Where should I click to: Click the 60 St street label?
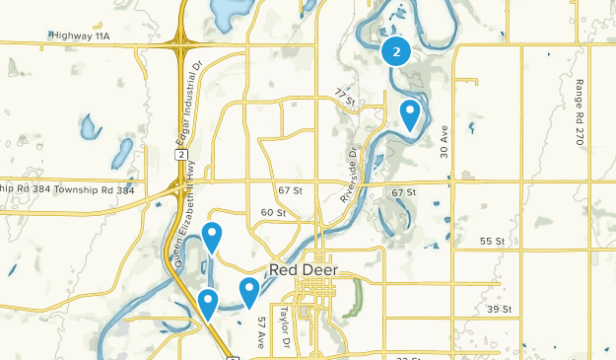(273, 213)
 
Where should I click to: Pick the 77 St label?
(343, 96)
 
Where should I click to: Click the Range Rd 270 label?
(581, 113)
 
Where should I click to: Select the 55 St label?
(492, 242)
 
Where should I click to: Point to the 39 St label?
(502, 309)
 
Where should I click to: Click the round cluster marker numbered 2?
(396, 51)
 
